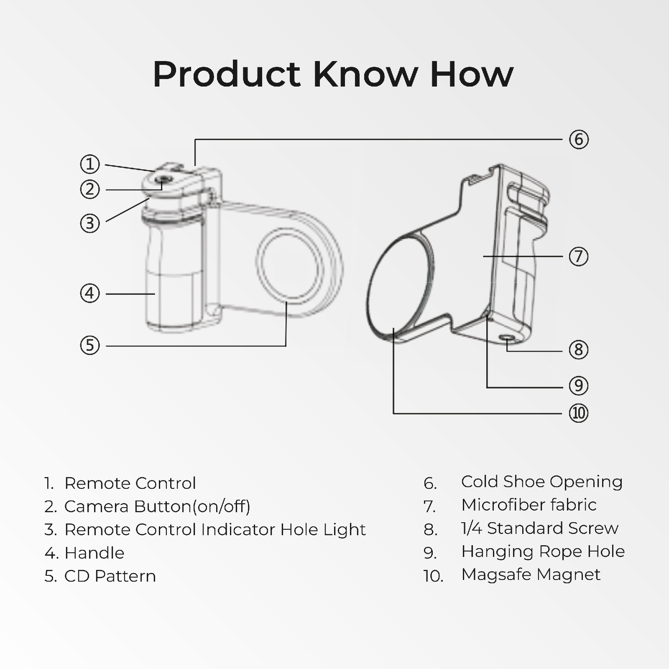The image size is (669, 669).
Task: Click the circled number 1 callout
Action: (x=90, y=164)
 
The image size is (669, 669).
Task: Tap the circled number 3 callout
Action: (x=90, y=223)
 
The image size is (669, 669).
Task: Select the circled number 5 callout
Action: (x=90, y=346)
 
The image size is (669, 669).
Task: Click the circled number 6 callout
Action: (x=579, y=139)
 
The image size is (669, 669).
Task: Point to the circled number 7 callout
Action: (x=579, y=256)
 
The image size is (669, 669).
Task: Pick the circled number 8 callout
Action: (x=579, y=350)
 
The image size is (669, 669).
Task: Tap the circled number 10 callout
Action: (x=579, y=413)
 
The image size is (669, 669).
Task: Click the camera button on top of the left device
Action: (x=163, y=180)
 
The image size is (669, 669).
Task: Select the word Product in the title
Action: (x=226, y=74)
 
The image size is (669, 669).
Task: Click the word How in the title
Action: (x=471, y=74)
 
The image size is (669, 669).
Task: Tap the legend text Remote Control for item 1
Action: (x=130, y=483)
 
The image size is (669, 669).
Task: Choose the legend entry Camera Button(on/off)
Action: (x=157, y=506)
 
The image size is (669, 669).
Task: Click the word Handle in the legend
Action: (x=94, y=553)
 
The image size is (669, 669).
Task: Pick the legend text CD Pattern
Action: (x=110, y=576)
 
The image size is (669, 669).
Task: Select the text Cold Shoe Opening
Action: (x=541, y=482)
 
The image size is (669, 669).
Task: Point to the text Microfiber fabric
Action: (x=529, y=505)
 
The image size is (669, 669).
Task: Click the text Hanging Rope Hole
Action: (x=543, y=552)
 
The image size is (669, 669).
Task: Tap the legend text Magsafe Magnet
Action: (x=531, y=575)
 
